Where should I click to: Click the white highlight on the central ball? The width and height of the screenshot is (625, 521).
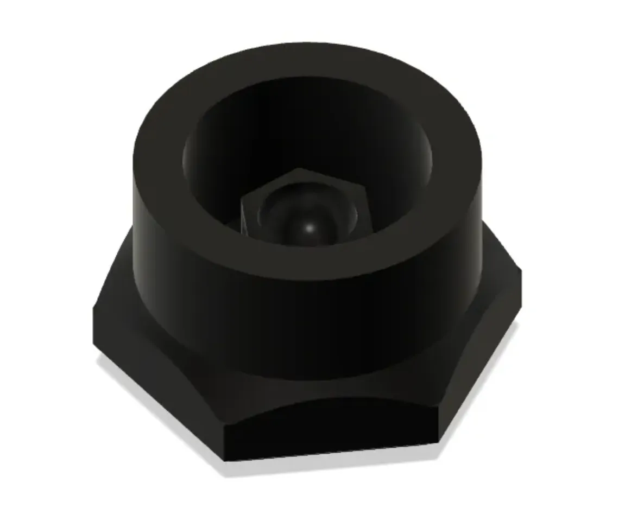[310, 228]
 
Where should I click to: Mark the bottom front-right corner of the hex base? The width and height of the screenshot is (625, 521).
[438, 442]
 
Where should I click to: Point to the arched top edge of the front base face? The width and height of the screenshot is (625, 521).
[326, 401]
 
